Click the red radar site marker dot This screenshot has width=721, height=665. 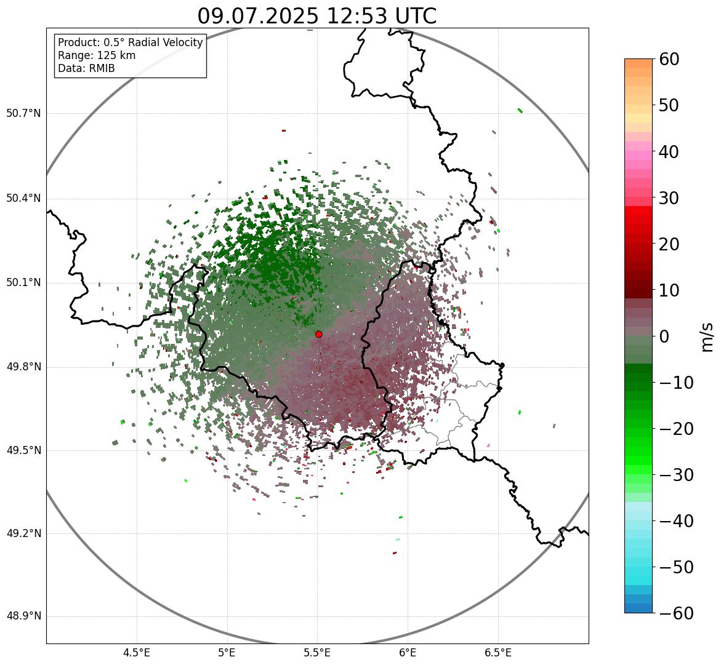click(x=319, y=334)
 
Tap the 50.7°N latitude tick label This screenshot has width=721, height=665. click(x=23, y=114)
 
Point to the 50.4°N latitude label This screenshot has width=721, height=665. click(x=23, y=199)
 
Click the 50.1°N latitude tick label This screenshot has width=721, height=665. click(x=23, y=283)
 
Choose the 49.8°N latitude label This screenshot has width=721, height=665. click(x=23, y=367)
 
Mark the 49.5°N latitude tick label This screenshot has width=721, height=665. click(x=23, y=450)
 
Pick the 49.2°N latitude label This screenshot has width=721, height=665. click(x=23, y=533)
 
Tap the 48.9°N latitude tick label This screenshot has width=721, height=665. click(x=23, y=616)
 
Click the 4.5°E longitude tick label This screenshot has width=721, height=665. click(x=137, y=653)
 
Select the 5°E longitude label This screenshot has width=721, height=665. click(x=227, y=653)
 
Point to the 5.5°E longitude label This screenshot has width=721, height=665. click(x=317, y=653)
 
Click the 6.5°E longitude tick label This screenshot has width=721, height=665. click(x=497, y=653)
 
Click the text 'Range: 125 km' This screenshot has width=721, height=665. click(x=97, y=55)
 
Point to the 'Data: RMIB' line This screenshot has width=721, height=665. click(x=86, y=68)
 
